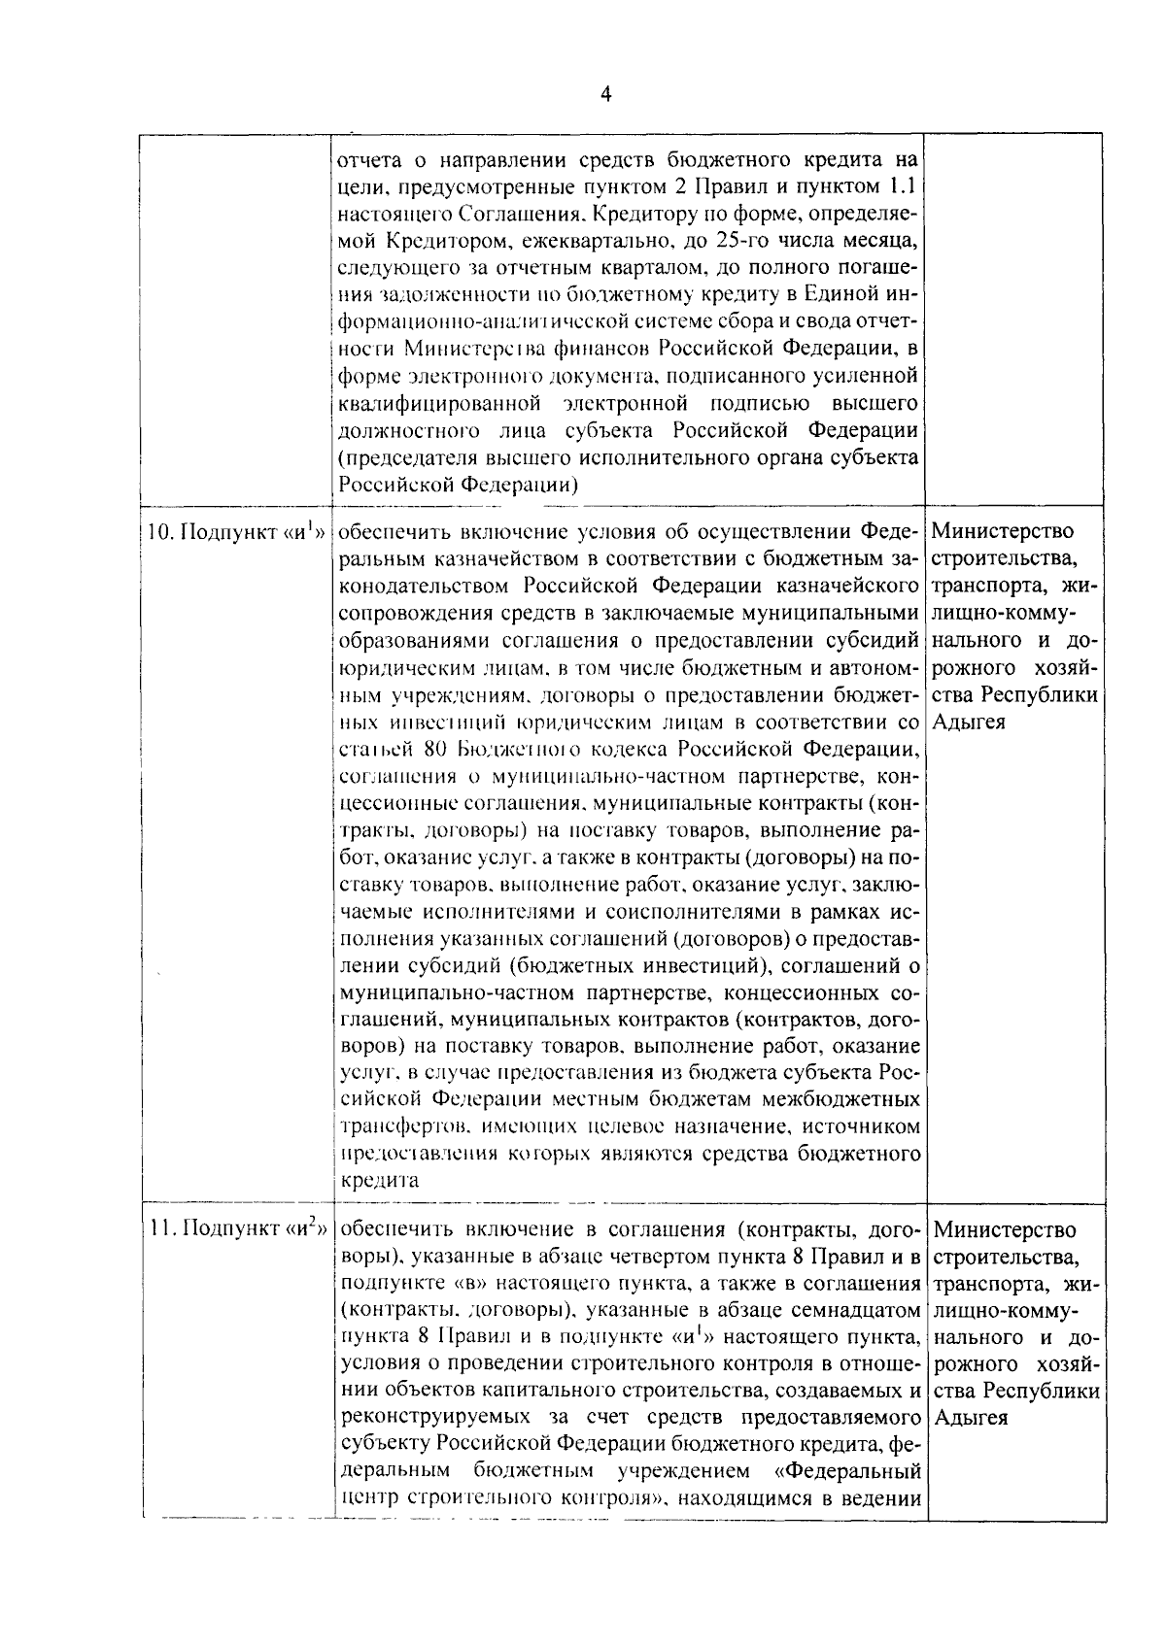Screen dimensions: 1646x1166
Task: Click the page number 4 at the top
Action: (605, 94)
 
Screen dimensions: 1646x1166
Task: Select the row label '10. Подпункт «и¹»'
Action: (235, 533)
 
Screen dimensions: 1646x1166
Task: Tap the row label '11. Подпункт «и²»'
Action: (235, 1230)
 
